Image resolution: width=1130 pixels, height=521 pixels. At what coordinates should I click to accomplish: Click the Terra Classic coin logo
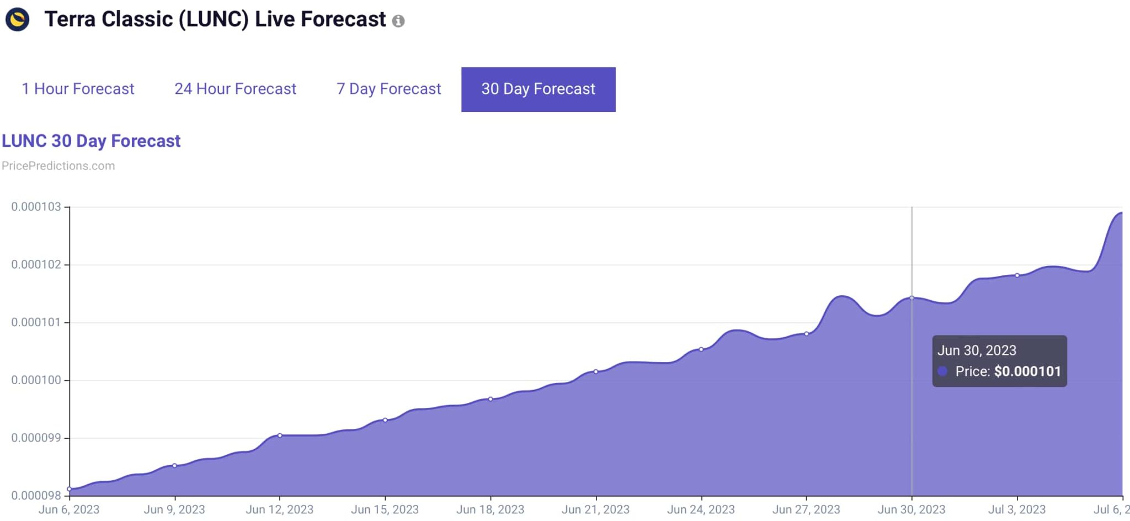(17, 19)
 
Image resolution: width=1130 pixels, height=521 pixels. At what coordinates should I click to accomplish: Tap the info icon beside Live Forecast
(398, 21)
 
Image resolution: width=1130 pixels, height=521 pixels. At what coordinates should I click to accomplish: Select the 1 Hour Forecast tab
(78, 89)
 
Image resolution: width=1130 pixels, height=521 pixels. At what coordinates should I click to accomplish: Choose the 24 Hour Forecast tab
(235, 89)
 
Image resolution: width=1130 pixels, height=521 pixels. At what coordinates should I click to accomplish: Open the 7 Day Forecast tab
(388, 89)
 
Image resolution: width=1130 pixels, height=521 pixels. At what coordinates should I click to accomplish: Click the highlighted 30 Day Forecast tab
(539, 89)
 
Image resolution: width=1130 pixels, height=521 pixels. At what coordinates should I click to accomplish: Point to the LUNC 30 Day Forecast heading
(91, 141)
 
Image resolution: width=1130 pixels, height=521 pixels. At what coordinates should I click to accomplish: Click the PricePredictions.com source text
(58, 166)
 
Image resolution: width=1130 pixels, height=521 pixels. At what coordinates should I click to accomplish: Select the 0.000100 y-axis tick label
(36, 380)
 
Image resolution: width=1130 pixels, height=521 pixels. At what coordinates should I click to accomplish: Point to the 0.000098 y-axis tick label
(36, 496)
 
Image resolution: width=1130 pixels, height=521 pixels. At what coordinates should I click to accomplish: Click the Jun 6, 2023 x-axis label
(69, 509)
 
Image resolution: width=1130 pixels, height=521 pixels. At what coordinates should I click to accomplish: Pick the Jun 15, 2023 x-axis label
(385, 509)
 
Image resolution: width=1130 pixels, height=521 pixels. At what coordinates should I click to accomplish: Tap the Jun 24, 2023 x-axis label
(701, 509)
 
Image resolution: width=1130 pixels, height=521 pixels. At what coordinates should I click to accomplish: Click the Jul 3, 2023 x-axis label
(1017, 509)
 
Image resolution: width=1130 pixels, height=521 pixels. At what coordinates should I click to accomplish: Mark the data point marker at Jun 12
(280, 435)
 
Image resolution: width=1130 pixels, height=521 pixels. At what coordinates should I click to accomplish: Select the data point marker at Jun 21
(596, 371)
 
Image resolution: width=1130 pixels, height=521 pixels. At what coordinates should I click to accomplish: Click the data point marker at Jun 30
(912, 298)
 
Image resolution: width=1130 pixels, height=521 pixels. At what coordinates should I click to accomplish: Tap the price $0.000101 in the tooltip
(1027, 371)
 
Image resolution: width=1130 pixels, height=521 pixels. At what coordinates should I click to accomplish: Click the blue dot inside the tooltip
(942, 371)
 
